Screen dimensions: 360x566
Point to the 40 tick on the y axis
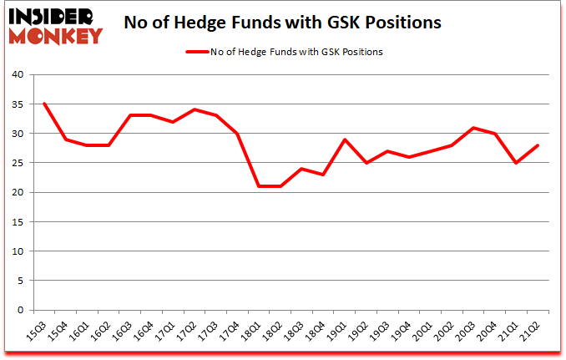coord(18,75)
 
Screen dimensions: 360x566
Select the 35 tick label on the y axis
coord(18,104)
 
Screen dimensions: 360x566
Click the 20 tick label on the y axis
coord(18,193)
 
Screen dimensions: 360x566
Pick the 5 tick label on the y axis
coord(20,281)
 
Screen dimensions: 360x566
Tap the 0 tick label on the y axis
coord(20,311)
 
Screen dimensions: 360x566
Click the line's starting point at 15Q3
coord(44,104)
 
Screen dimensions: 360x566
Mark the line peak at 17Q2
coord(195,110)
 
